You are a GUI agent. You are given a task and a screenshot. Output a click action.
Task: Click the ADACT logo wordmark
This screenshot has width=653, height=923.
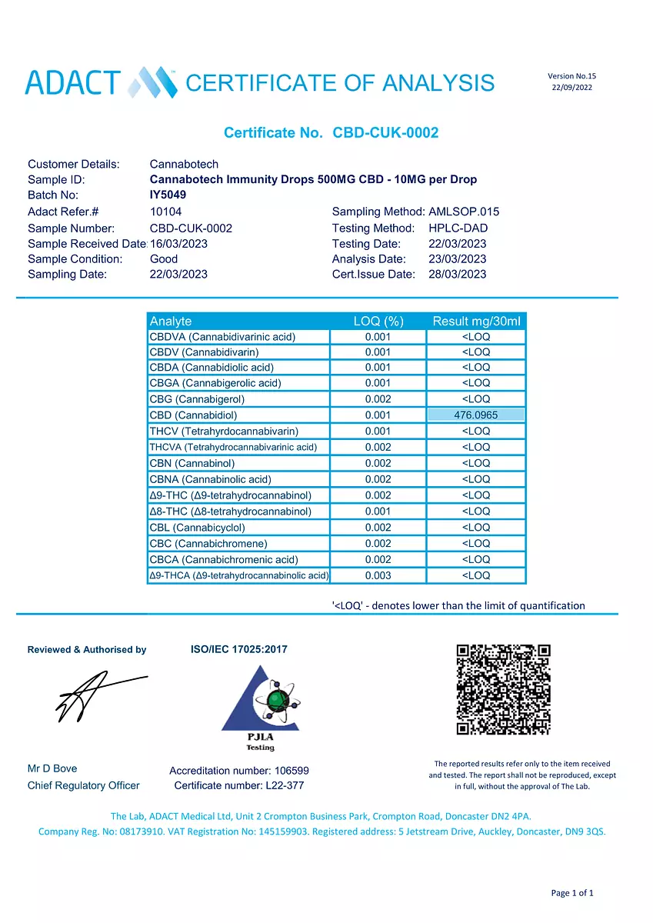point(73,82)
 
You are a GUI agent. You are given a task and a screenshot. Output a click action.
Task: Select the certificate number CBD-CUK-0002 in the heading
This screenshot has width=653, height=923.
point(385,133)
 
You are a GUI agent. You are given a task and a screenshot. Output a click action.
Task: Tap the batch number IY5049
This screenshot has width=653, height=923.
point(168,195)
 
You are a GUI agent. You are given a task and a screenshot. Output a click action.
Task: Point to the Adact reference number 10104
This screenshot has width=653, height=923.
point(166,212)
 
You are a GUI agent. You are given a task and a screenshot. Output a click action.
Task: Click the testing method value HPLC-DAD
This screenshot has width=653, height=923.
point(458,228)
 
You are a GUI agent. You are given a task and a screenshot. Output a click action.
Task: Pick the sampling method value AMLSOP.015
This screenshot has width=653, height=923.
point(464,212)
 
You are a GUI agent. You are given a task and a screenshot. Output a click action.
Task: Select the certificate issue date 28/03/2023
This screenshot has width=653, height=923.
point(458,274)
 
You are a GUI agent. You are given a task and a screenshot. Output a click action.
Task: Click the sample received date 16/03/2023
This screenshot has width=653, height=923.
point(178,243)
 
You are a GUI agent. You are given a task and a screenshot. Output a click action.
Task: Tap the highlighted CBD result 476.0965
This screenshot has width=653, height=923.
point(475,415)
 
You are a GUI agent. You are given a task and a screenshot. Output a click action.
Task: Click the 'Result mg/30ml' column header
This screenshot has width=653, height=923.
point(476,321)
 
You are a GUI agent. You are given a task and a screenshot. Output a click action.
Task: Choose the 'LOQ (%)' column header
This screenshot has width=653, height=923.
point(378,321)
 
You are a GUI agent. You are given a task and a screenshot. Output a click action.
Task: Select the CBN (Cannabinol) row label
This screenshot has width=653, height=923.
point(192,463)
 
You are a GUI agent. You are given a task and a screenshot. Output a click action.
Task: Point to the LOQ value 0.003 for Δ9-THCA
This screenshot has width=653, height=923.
point(378,575)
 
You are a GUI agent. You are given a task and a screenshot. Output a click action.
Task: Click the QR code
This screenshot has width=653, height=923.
point(503,689)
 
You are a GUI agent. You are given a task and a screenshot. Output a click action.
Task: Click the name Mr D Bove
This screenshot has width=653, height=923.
point(52,768)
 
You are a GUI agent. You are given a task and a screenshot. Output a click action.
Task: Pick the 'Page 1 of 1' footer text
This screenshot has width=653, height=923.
point(572,893)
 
